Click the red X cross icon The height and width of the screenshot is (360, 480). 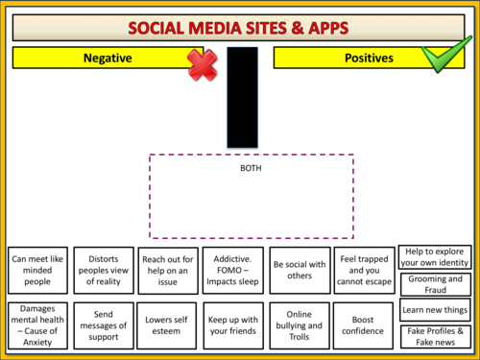pos(203,64)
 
